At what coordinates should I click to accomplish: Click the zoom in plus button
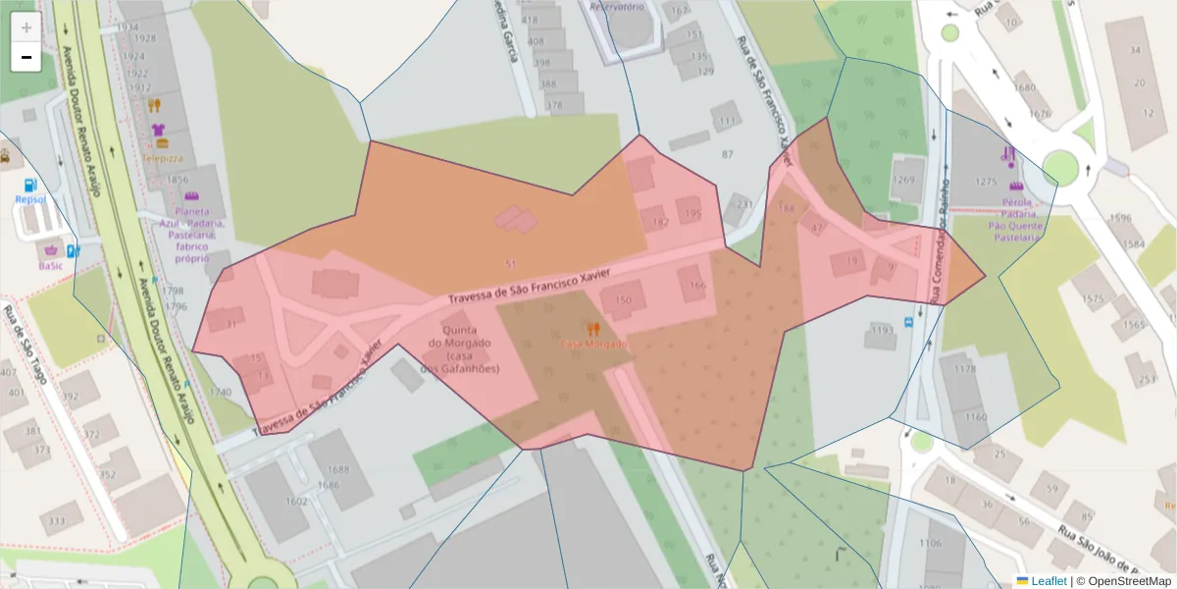click(x=26, y=27)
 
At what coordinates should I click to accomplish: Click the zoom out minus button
click(x=26, y=57)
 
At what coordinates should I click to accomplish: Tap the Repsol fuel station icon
click(x=31, y=185)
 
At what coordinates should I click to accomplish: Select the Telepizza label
click(x=162, y=157)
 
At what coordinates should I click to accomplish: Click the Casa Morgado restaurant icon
click(x=592, y=329)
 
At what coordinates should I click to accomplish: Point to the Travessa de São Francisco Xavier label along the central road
click(x=530, y=285)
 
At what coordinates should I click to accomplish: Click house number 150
click(x=623, y=300)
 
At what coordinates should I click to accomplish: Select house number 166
click(x=696, y=286)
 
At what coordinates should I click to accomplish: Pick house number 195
click(x=692, y=213)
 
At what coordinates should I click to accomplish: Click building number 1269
click(x=903, y=180)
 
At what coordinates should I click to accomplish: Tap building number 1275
click(x=985, y=182)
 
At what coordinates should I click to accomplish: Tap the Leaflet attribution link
click(x=1048, y=581)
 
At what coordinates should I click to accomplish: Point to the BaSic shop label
click(x=50, y=265)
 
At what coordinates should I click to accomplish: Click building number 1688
click(x=338, y=469)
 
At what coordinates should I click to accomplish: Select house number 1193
click(x=882, y=330)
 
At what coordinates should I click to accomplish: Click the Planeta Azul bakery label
click(x=192, y=235)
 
